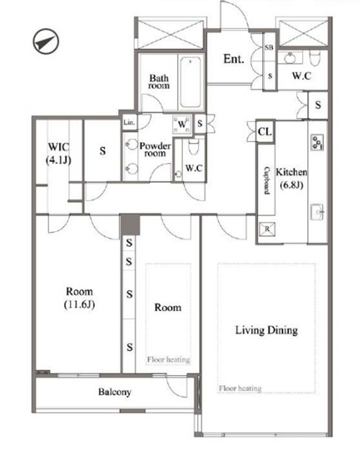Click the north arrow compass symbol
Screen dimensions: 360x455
click(x=45, y=41)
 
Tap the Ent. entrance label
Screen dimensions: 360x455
click(x=233, y=59)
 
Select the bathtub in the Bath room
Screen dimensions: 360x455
click(x=190, y=82)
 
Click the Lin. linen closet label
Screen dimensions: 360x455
click(x=129, y=122)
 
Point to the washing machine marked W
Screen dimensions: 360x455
click(x=182, y=125)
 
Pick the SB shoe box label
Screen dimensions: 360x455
click(x=269, y=48)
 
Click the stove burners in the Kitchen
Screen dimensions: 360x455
click(x=317, y=143)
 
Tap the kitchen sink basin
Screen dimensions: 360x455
click(x=317, y=212)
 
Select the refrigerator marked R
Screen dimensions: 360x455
click(x=267, y=229)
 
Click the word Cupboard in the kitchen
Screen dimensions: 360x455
click(x=266, y=180)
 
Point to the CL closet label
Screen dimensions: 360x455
click(x=265, y=132)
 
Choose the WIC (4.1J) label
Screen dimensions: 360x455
click(x=58, y=153)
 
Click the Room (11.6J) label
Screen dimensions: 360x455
click(x=79, y=298)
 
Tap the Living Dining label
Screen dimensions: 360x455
click(x=266, y=330)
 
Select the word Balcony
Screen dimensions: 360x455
click(x=114, y=392)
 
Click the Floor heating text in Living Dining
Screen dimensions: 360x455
click(x=240, y=388)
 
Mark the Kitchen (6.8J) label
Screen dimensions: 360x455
click(x=292, y=178)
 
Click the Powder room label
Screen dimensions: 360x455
click(x=155, y=149)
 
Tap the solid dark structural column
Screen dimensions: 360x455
click(x=130, y=225)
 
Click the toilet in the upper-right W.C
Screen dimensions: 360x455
click(x=315, y=58)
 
